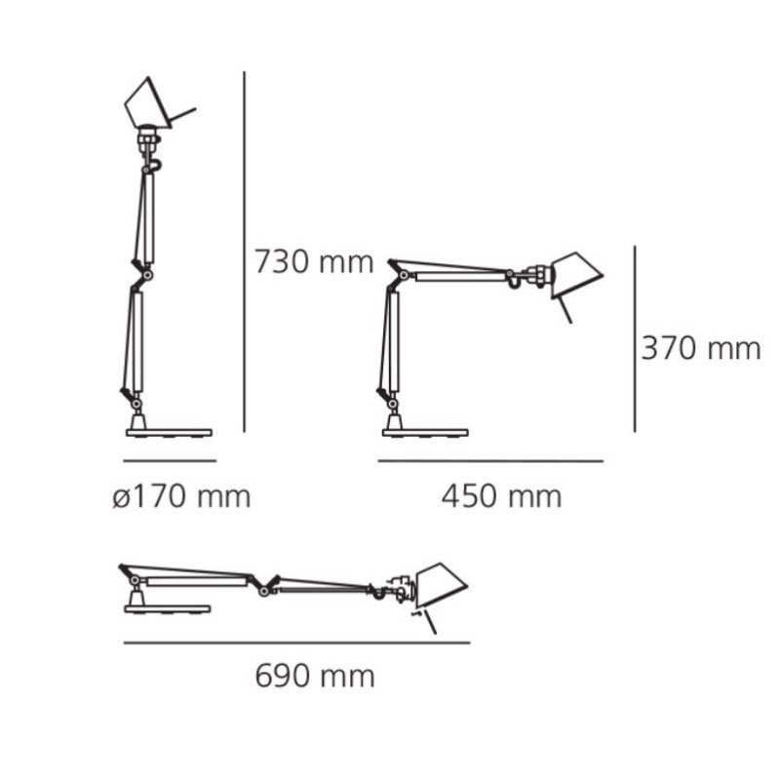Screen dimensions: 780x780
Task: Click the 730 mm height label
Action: tap(314, 262)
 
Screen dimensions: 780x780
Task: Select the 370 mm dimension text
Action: tap(701, 348)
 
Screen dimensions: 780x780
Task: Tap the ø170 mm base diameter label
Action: tap(181, 496)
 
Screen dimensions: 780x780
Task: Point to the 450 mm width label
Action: tap(501, 496)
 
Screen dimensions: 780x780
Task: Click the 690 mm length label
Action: tap(315, 676)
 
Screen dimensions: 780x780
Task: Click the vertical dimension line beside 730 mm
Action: tap(245, 252)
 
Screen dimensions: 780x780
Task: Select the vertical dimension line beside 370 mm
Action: tap(635, 338)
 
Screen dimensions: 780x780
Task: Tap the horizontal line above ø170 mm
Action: tap(170, 460)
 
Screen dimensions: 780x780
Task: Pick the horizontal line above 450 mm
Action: tap(490, 461)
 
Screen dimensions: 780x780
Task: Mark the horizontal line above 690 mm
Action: tap(297, 643)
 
